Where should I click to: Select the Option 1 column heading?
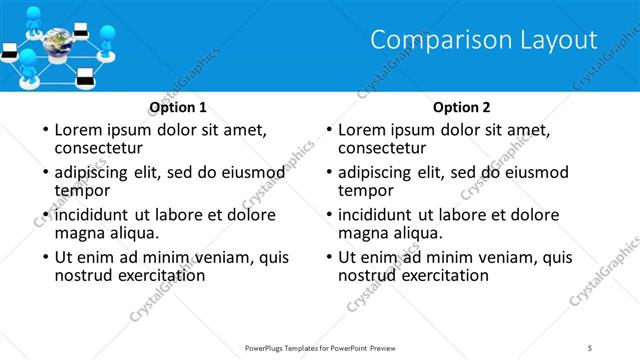tap(178, 107)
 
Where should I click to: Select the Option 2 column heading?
tap(462, 107)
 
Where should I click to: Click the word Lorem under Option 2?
tap(361, 130)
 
